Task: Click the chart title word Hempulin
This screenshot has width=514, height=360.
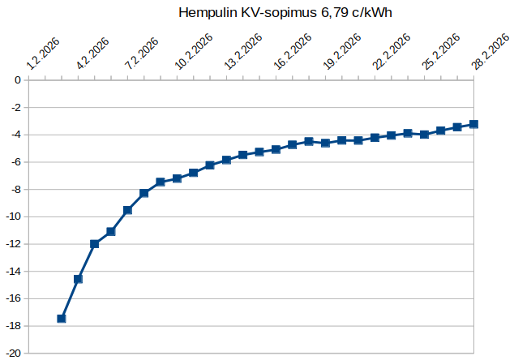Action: (208, 13)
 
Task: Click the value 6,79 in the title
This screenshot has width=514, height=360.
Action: (332, 13)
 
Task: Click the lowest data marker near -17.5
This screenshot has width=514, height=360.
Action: (62, 319)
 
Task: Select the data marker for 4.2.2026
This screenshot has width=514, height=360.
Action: (78, 279)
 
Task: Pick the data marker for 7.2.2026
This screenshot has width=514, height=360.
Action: (127, 210)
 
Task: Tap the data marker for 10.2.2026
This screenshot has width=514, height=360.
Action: (177, 178)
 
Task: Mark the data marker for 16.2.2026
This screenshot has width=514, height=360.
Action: (276, 149)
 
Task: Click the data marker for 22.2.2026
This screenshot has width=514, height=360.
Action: (375, 138)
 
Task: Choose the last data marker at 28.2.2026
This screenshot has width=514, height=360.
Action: (473, 124)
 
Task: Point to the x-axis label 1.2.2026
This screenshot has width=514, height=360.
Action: (43, 54)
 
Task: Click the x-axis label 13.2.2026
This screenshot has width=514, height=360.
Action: (243, 51)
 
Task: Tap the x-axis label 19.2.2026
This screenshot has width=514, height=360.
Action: (342, 51)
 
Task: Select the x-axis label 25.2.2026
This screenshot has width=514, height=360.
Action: (441, 51)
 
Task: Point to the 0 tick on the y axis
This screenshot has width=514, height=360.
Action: (18, 80)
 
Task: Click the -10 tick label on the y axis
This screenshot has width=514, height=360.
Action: (13, 216)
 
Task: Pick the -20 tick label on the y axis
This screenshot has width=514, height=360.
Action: (13, 354)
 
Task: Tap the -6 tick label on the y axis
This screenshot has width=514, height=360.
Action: (15, 162)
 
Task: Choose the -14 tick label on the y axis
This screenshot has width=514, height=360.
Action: (13, 272)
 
